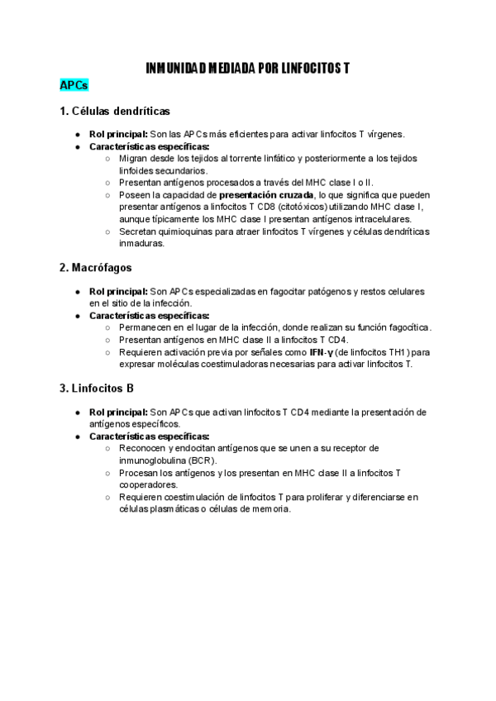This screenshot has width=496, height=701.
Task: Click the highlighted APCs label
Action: point(74,86)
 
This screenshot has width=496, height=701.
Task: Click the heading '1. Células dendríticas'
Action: point(115,111)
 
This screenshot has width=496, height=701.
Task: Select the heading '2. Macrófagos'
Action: point(96,268)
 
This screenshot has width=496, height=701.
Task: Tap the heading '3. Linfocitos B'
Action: point(97,388)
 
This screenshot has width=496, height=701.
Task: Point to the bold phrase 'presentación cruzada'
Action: point(266,195)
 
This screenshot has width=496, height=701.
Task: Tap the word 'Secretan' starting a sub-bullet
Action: point(139,231)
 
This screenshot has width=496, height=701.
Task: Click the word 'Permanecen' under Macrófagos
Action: point(146,327)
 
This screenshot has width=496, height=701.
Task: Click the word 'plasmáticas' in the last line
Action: point(165,508)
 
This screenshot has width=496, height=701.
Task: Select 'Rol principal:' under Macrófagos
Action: point(118,292)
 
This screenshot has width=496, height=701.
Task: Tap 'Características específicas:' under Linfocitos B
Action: point(149,436)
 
